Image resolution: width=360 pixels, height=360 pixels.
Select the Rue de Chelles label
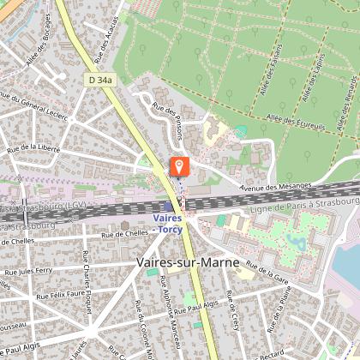point(124,233)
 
